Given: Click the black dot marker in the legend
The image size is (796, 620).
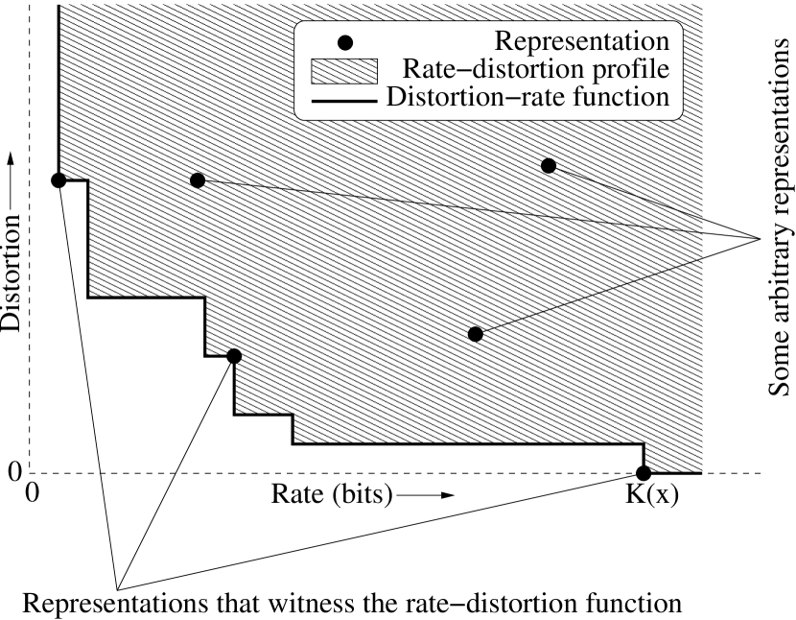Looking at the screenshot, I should [x=346, y=42].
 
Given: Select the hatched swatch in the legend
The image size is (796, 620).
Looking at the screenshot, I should [x=346, y=70].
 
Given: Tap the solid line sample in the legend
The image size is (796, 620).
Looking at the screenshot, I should [x=346, y=98].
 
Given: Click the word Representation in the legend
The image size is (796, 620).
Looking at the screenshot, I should [x=581, y=42].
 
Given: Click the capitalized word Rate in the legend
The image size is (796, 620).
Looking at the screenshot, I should [x=424, y=70].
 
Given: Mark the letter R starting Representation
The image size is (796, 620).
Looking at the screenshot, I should [x=502, y=42].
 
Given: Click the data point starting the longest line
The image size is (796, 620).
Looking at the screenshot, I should [x=198, y=180].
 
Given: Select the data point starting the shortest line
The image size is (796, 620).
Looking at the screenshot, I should [x=549, y=166].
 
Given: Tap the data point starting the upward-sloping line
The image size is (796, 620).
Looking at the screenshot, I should [x=475, y=334].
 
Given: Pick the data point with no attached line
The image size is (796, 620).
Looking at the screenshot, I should [x=233, y=356].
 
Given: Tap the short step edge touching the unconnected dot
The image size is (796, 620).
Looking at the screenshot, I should [x=221, y=355].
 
